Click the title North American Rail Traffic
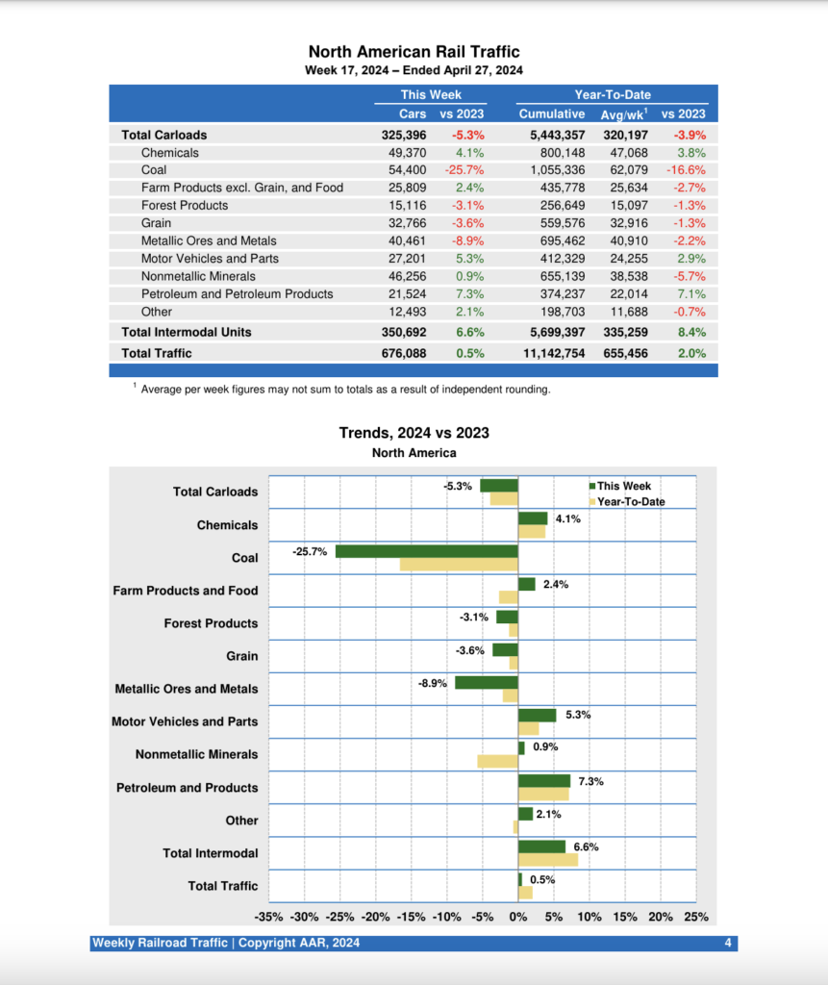tap(414, 52)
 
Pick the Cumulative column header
tap(552, 114)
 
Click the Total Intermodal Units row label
tap(187, 332)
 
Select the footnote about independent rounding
tap(345, 390)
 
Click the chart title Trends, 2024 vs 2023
tap(414, 433)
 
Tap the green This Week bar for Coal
tap(427, 551)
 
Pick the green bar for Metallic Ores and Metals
tap(487, 682)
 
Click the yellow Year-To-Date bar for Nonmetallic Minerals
tap(497, 762)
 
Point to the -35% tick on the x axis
tap(269, 917)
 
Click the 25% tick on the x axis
tap(695, 917)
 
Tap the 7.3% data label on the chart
tap(590, 781)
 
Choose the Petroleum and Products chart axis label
tap(188, 788)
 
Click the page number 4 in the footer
tap(728, 944)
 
